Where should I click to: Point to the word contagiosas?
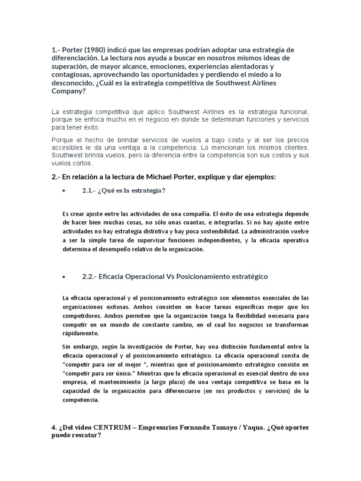click(x=71, y=75)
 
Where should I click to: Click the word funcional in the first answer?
click(x=294, y=112)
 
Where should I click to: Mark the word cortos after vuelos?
click(x=84, y=163)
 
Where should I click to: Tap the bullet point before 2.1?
click(x=63, y=190)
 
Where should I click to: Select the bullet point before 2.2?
click(x=63, y=277)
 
